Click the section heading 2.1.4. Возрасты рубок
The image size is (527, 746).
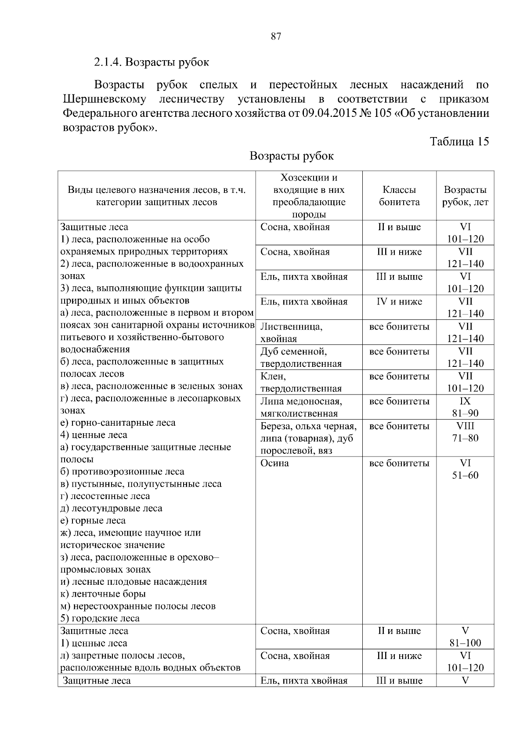[x=152, y=62]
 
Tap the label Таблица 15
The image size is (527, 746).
[x=459, y=141]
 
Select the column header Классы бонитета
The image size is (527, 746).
[x=399, y=196]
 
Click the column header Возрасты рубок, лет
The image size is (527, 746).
[x=465, y=196]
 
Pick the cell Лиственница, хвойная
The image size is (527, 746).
[x=291, y=333]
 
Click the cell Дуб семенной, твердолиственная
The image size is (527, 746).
[x=301, y=358]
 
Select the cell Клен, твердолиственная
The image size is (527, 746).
[x=301, y=382]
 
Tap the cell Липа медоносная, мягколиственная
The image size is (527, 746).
[x=301, y=407]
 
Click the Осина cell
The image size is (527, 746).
[x=275, y=464]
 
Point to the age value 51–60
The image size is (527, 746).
[x=465, y=476]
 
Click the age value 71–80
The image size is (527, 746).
[x=465, y=438]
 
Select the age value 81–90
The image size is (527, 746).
[x=465, y=413]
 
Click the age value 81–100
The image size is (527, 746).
[x=465, y=643]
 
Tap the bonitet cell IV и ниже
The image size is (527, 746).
[x=399, y=302]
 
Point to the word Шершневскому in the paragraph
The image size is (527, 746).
[x=105, y=99]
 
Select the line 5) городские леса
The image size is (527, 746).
[x=100, y=619]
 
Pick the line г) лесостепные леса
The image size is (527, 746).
[x=105, y=496]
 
